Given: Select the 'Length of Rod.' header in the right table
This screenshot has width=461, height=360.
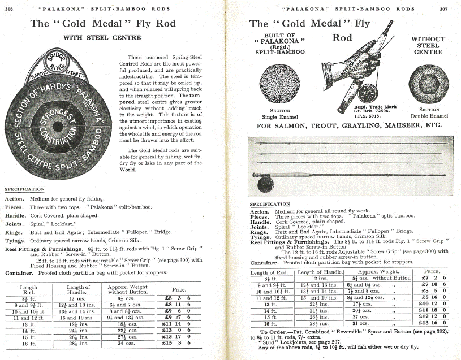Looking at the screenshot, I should [269, 272].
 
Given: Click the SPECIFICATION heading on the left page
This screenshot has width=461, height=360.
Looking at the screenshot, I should [24, 189].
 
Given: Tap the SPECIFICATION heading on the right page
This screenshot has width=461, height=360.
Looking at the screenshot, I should [270, 205].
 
